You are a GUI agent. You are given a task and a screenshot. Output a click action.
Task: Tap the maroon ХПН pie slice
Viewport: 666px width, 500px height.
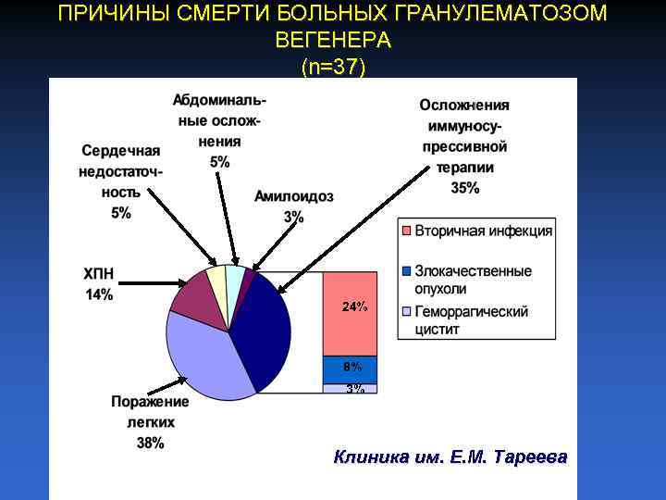click(196, 298)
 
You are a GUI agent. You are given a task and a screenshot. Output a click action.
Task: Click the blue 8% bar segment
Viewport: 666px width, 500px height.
click(350, 369)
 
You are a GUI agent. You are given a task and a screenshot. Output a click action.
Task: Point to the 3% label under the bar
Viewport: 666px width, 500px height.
click(355, 389)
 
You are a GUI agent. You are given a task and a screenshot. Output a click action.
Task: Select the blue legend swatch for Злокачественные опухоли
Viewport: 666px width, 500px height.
click(406, 271)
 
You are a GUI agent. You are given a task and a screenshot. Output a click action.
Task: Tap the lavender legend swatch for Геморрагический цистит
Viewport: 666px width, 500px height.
click(406, 311)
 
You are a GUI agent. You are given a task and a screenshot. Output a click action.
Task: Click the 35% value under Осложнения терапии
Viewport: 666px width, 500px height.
click(465, 188)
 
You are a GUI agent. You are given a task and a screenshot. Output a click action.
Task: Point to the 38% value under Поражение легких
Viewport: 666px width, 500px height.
click(151, 443)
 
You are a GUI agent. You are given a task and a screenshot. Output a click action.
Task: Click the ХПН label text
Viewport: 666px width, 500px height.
click(99, 275)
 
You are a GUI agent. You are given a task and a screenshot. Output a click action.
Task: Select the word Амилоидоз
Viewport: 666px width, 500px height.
click(294, 197)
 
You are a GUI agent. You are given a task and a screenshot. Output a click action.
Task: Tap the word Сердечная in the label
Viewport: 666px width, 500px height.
click(121, 151)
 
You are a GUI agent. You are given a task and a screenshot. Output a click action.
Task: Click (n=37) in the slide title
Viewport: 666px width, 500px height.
click(333, 67)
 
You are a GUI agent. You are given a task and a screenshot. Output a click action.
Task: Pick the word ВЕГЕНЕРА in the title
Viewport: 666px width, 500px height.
click(333, 42)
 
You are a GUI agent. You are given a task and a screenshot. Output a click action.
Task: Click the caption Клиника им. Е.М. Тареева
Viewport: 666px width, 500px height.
click(450, 457)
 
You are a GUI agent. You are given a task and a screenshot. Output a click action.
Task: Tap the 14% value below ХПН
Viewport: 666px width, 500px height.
click(99, 295)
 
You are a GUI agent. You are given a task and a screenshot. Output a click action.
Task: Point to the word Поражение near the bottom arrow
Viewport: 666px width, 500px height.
click(150, 402)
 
